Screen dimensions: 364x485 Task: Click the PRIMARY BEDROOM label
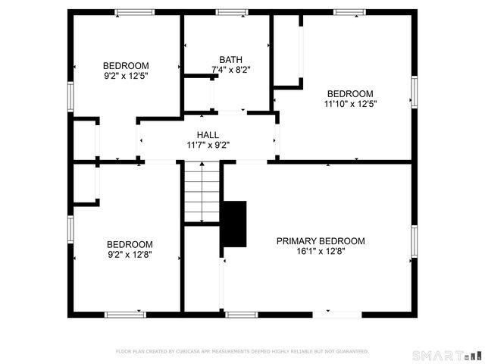pyautogui.click(x=320, y=241)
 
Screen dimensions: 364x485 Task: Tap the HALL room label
pyautogui.click(x=208, y=134)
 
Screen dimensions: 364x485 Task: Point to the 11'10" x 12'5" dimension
pyautogui.click(x=350, y=103)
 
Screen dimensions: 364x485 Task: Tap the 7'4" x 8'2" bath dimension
pyautogui.click(x=230, y=69)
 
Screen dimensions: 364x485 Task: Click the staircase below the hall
pyautogui.click(x=202, y=193)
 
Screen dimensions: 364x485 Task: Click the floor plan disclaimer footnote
pyautogui.click(x=242, y=351)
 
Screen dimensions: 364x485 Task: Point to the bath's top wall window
pyautogui.click(x=232, y=12)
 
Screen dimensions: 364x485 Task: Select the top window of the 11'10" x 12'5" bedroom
pyautogui.click(x=349, y=12)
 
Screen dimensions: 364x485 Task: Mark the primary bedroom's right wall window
pyautogui.click(x=415, y=241)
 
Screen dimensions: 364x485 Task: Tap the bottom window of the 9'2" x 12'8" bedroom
pyautogui.click(x=125, y=314)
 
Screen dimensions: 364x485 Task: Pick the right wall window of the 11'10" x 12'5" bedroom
pyautogui.click(x=415, y=92)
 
